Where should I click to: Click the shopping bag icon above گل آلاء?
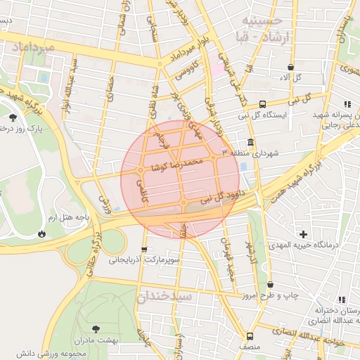(290, 67)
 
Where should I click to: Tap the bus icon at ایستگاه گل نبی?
(263, 104)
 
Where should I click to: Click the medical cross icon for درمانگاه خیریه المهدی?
(303, 234)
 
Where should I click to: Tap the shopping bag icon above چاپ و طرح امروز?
(271, 285)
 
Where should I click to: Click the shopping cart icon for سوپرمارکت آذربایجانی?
(144, 249)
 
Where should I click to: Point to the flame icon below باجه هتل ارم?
(44, 233)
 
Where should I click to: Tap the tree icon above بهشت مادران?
(96, 328)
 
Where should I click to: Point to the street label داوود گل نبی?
(224, 196)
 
